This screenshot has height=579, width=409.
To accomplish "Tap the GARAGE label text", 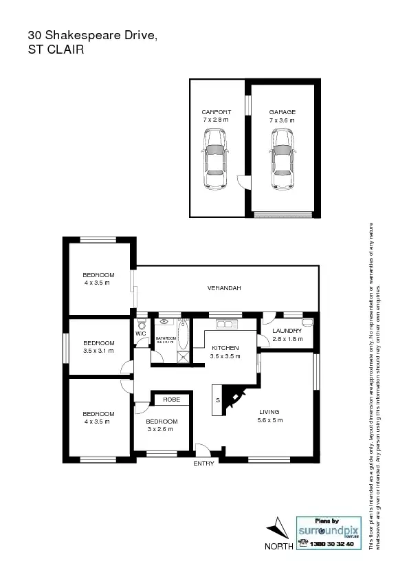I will point(283,112).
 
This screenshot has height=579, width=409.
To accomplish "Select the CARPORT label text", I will point(216,112).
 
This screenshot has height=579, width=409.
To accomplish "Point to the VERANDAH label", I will point(224,288).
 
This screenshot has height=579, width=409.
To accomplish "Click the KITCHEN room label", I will point(225,348).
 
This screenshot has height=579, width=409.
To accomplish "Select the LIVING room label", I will point(269,412).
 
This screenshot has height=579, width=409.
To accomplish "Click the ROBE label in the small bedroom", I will point(171,399).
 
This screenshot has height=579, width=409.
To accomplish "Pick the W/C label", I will point(140,334).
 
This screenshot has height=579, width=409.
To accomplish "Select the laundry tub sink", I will point(307,322).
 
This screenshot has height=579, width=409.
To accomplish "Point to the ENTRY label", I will point(204,463).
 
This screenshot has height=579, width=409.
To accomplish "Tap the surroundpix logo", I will point(328,531).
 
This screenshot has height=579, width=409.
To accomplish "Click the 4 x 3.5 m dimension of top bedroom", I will point(97,282).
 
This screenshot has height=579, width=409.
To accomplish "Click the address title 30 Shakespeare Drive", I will point(92,34).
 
